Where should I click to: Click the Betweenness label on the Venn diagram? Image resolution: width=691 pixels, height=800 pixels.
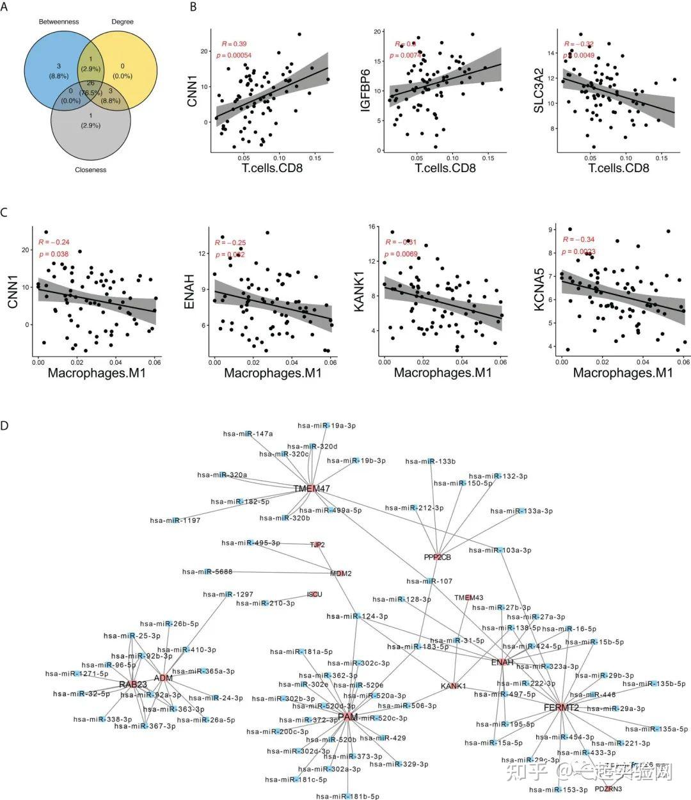59,22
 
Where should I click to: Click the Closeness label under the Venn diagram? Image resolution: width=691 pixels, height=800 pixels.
90,170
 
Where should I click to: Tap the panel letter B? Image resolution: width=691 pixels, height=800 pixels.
193,8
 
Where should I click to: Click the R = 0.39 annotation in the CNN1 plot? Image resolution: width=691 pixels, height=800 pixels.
234,44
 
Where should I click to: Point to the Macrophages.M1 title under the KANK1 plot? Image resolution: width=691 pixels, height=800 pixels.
442,372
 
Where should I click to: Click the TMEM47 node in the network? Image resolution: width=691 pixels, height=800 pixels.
312,489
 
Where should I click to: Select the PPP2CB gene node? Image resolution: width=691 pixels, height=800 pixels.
438,557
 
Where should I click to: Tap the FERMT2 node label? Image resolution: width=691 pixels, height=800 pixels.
561,708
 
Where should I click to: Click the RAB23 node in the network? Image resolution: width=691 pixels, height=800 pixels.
133,685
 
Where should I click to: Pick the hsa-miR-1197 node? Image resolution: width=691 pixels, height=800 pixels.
175,520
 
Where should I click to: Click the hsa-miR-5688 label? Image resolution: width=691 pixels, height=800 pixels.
207,572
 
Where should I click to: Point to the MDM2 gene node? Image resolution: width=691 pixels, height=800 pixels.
341,573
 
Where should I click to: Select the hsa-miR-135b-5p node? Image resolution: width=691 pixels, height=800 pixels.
654,684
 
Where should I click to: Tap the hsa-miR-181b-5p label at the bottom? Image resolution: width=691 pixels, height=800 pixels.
347,796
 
